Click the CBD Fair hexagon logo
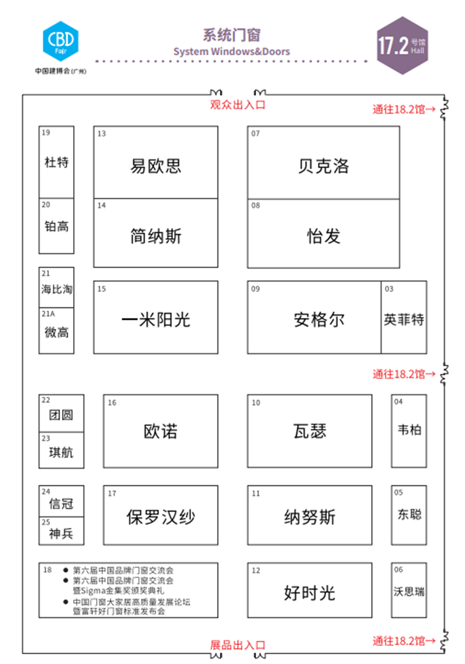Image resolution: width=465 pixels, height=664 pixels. tap(61, 41)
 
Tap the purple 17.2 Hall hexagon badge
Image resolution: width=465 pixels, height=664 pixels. tap(402, 45)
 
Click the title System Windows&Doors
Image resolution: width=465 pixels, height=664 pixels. tap(232, 51)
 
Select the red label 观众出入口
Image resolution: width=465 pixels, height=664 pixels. tap(237, 105)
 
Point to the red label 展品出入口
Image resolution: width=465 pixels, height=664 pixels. tap(237, 645)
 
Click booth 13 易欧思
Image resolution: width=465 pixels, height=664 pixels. tap(156, 162)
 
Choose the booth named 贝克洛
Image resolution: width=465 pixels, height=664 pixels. tap(324, 162)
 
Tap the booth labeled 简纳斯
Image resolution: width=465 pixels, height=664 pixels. tap(156, 233)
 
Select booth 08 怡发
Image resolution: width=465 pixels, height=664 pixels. tap(324, 233)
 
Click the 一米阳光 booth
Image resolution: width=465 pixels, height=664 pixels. tap(156, 317)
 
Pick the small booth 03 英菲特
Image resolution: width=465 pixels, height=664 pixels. tap(404, 317)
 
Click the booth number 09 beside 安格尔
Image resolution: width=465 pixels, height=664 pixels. tap(255, 289)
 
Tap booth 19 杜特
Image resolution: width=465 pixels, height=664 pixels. tap(56, 162)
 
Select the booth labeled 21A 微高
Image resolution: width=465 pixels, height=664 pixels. tap(56, 330)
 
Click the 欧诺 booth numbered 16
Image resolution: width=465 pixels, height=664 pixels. tap(161, 431)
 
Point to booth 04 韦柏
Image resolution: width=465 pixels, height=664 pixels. tap(409, 431)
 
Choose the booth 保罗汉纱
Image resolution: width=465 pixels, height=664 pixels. tap(161, 515)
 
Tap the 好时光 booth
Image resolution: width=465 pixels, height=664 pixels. tap(310, 590)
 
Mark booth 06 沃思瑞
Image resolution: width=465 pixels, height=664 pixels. tap(409, 590)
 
